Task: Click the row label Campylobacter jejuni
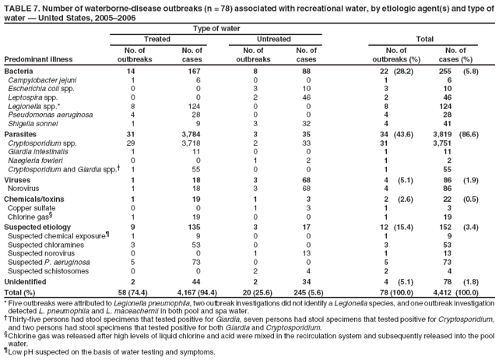[x=35, y=79]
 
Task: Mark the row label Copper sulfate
[x=30, y=207]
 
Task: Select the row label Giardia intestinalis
[x=36, y=150]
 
